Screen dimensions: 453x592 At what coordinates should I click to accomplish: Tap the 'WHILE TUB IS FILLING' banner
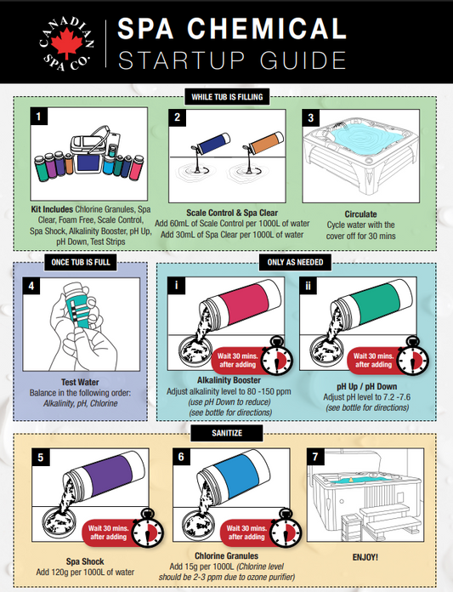click(227, 97)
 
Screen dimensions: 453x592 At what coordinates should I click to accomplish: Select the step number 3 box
click(311, 117)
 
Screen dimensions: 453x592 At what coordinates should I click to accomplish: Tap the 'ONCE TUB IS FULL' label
click(81, 262)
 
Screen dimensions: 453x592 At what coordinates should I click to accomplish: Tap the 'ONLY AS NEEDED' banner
click(295, 262)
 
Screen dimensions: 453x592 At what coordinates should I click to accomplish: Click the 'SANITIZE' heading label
click(227, 433)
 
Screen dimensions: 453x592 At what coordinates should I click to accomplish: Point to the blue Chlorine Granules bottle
click(237, 475)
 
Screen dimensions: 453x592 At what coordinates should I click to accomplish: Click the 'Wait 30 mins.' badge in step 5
click(108, 532)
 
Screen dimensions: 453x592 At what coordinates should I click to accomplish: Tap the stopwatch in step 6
click(286, 528)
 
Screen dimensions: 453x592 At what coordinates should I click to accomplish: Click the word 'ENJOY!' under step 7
click(365, 557)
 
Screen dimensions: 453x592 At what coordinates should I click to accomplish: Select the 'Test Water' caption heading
click(80, 382)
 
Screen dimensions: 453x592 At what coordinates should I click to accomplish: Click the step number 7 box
click(315, 457)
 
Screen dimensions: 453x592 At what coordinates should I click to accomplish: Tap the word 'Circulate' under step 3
click(360, 214)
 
